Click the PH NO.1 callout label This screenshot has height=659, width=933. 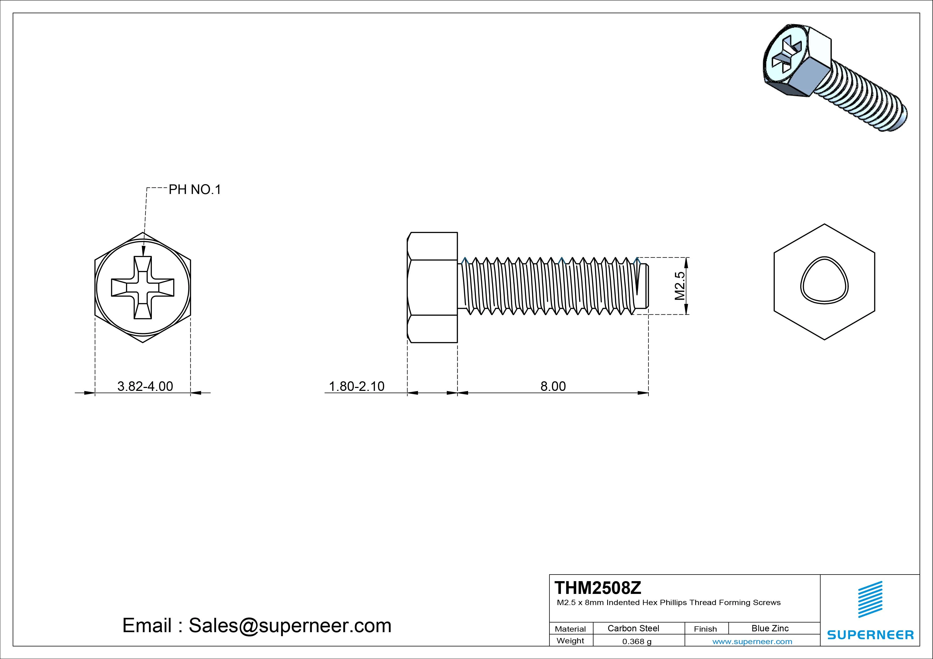(x=195, y=190)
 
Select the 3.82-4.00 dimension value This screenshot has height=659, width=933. (x=145, y=386)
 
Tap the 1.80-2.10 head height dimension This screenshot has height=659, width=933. (x=356, y=386)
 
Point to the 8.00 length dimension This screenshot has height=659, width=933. (x=553, y=386)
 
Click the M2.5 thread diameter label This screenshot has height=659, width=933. (x=680, y=286)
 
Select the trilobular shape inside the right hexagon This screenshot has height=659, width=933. (x=824, y=280)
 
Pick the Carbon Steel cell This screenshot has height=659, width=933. (x=633, y=628)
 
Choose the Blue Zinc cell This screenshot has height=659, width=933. (x=770, y=628)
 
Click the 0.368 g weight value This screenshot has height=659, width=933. (x=637, y=641)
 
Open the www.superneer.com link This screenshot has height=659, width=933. (x=752, y=641)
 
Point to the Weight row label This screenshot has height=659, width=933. (x=570, y=641)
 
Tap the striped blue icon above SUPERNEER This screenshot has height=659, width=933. (x=870, y=599)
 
